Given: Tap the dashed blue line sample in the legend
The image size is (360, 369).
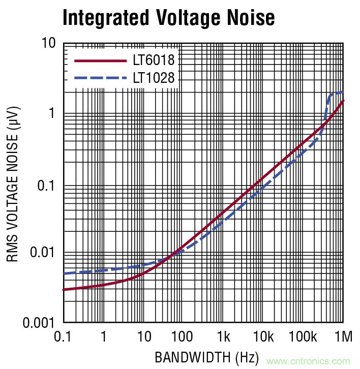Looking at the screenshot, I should (x=100, y=78).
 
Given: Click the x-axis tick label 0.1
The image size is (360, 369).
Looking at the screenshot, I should (x=63, y=336).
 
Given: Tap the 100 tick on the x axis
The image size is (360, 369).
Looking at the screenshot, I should (x=182, y=336).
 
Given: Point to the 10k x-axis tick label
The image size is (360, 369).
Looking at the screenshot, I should (x=263, y=336).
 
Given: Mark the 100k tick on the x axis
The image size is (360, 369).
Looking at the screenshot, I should (x=303, y=336).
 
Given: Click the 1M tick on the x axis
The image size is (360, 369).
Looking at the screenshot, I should (x=343, y=336).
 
